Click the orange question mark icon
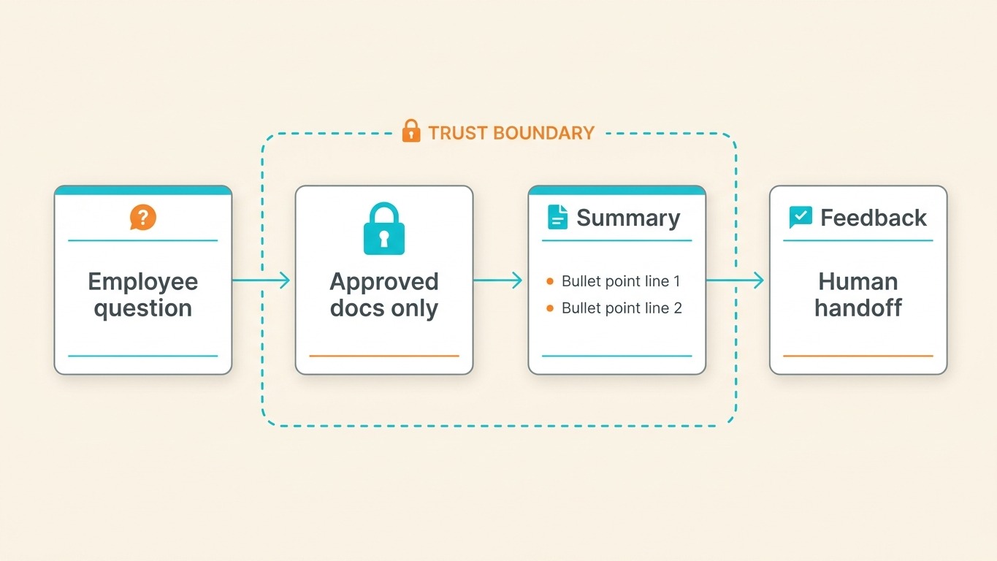tap(143, 217)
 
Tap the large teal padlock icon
tap(384, 229)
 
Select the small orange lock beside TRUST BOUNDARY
tap(411, 131)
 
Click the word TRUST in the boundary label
tap(457, 133)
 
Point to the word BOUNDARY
tap(543, 133)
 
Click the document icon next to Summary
tap(557, 218)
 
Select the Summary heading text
tap(628, 218)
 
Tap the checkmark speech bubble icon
tap(801, 217)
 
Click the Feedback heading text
tap(874, 218)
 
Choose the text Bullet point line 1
tap(621, 281)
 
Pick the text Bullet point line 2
tap(622, 308)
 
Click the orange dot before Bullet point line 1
tap(550, 281)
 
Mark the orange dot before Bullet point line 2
tap(550, 308)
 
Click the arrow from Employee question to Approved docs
tap(261, 280)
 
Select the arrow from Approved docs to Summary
tap(498, 280)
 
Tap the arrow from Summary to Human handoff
tap(736, 280)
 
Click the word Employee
tap(143, 281)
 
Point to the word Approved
tap(384, 281)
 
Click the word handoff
tap(858, 308)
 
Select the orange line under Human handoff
tap(858, 356)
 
